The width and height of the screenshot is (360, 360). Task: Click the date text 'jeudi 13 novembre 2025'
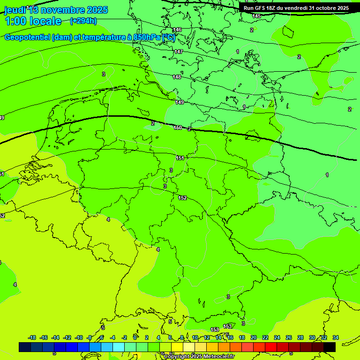pos(56,10)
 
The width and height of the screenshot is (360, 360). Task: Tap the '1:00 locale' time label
pos(33,21)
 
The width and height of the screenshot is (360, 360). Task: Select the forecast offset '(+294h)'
pos(83,21)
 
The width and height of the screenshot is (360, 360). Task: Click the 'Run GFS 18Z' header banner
pos(296,8)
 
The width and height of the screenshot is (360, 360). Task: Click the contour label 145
pos(256,16)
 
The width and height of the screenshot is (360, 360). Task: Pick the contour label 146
pos(177,30)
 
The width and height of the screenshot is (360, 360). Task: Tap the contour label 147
pos(178,52)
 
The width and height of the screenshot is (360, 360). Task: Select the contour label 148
pos(176,77)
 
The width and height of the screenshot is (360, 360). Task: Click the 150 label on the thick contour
pos(178,127)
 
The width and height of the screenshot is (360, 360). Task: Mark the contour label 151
pos(180,158)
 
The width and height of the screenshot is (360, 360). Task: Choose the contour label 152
pos(182,198)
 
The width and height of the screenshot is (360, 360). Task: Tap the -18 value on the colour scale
pos(32,337)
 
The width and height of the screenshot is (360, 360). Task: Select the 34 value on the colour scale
pos(336,337)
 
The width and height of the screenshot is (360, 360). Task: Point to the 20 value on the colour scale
pos(254,337)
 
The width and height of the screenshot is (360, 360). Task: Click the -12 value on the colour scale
pos(67,337)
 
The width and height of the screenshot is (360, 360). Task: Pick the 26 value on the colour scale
pos(289,337)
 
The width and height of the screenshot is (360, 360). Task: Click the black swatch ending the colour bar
pos(330,347)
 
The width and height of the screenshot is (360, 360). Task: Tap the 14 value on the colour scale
pos(218,337)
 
